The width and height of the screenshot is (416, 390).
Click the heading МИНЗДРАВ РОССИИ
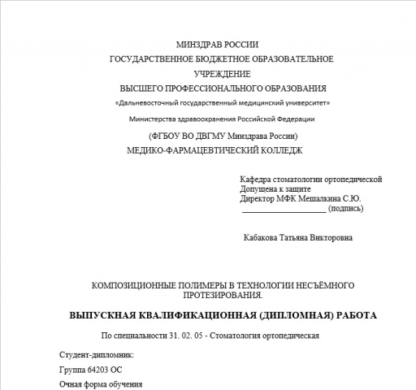[x=222, y=44]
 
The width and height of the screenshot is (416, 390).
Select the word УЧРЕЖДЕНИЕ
[x=222, y=73]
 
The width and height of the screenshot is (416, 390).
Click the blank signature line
[x=284, y=209]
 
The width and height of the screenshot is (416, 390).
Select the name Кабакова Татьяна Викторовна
[x=298, y=238]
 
